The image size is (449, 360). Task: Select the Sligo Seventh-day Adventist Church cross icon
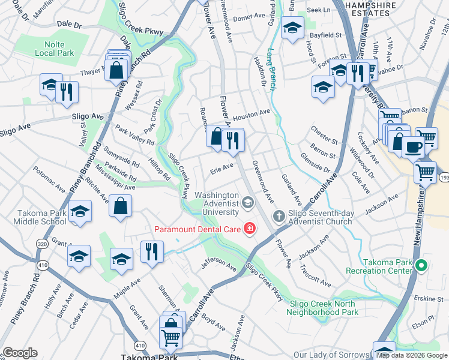pyautogui.click(x=279, y=215)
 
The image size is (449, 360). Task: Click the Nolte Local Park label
pyautogui.click(x=50, y=49)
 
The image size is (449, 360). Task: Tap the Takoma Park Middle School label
pyautogui.click(x=32, y=217)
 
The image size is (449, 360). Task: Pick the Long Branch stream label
pyautogui.click(x=271, y=69)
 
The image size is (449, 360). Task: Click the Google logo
pyautogui.click(x=20, y=353)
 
